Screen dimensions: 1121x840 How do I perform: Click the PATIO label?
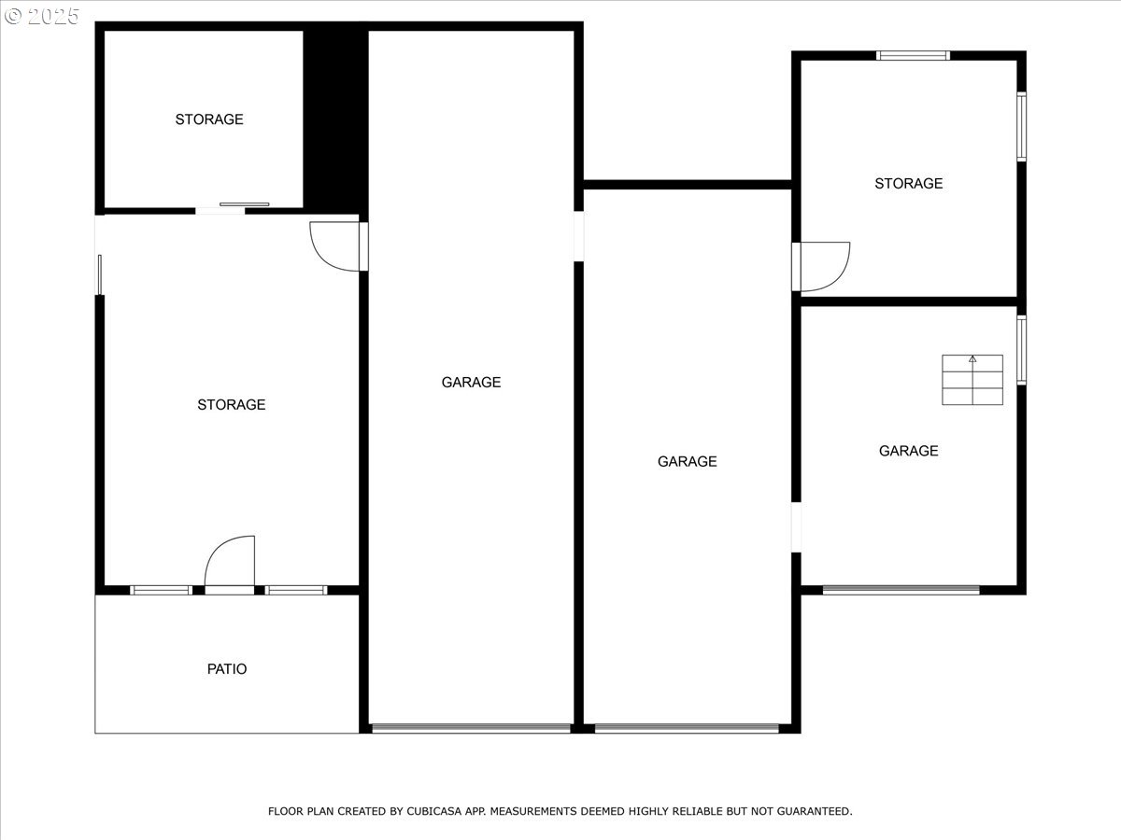coord(227,668)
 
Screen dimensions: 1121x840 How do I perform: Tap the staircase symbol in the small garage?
coord(972,380)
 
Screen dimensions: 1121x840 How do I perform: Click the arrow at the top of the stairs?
coord(972,359)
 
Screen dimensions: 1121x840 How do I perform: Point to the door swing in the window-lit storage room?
coord(825,267)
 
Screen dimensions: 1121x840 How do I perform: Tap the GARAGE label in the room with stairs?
coord(909,451)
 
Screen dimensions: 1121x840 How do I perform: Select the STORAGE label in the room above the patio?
coord(232,404)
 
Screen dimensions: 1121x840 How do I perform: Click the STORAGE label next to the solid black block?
coord(209,119)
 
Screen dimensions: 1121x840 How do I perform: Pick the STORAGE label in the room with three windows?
coord(909,183)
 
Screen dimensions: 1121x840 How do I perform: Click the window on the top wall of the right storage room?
coord(913,56)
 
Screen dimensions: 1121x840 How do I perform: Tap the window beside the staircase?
coord(1021,350)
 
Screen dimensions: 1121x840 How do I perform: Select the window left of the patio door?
coord(161,590)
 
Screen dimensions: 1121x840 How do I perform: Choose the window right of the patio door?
coord(296,590)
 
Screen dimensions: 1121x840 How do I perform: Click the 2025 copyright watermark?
coord(42,16)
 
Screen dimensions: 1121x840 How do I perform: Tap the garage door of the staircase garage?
coord(901,590)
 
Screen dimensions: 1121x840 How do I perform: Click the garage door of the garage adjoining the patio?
coord(471,728)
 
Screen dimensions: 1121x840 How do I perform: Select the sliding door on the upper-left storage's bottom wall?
coord(244,204)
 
